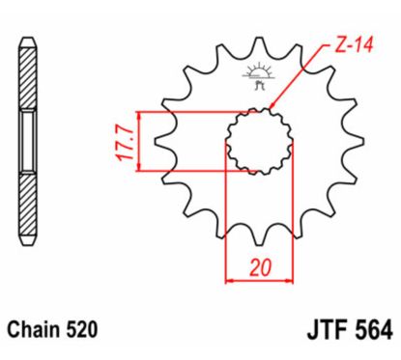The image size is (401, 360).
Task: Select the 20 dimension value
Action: (x=259, y=267)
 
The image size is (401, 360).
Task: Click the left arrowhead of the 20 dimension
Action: (x=230, y=282)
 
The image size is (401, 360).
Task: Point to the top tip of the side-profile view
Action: (x=29, y=39)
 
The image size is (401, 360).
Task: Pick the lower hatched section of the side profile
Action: (x=29, y=208)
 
